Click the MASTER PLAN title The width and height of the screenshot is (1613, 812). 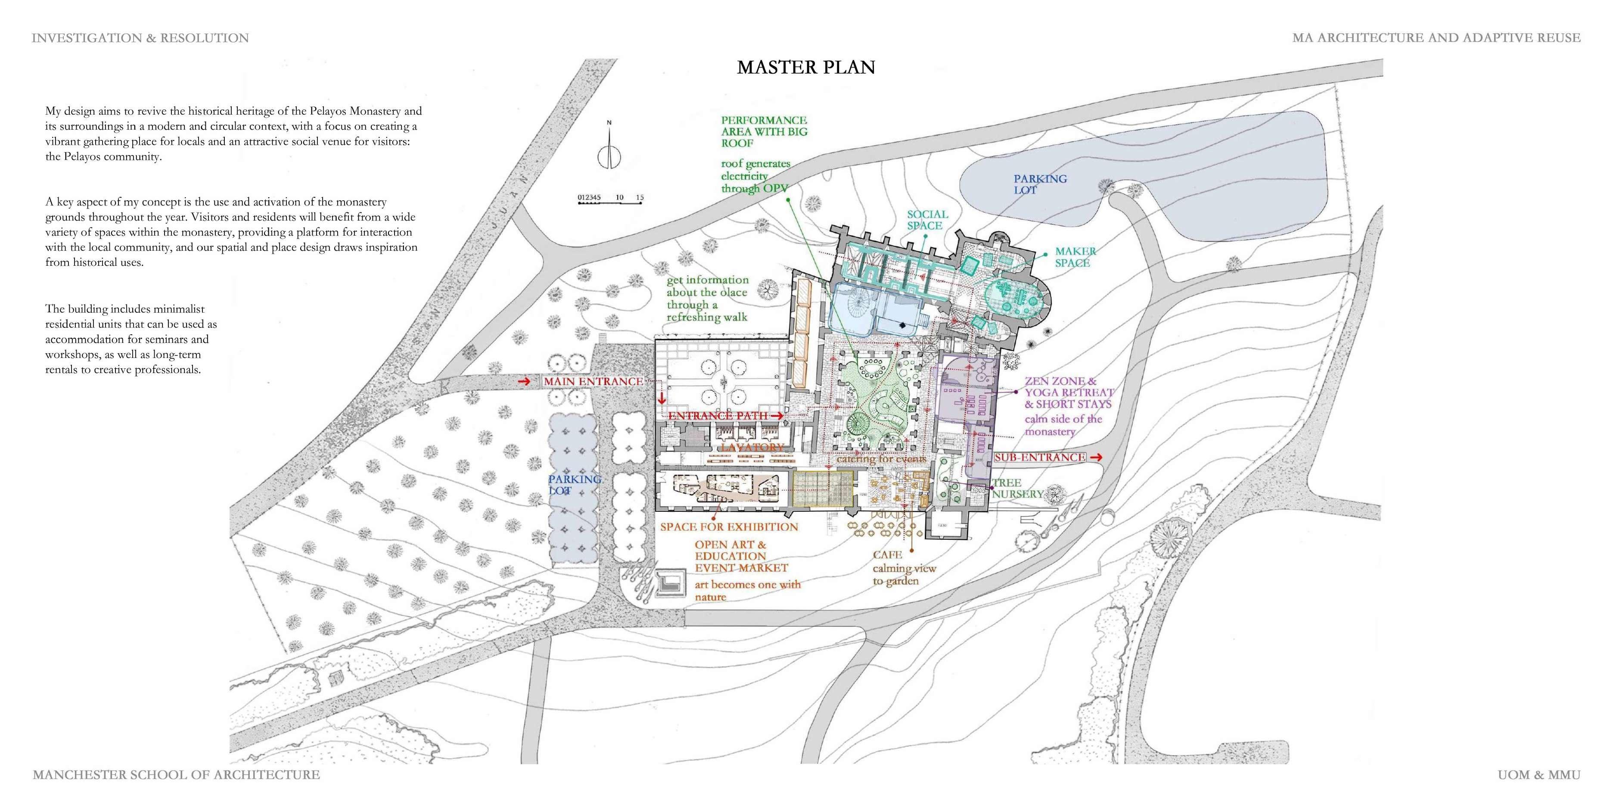coord(805,68)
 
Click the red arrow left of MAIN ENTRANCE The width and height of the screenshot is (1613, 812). coord(525,381)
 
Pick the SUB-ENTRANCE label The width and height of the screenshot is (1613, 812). coord(1039,457)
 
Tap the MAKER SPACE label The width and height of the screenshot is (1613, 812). coord(1075,257)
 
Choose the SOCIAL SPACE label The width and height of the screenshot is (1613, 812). coord(927,220)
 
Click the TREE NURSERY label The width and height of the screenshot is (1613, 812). coord(1017,488)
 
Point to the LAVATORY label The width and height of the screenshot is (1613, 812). coord(752,448)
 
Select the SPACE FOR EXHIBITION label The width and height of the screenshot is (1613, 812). coord(729,527)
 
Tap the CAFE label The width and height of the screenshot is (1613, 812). coord(887,555)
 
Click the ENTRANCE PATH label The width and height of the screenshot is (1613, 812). coord(718,416)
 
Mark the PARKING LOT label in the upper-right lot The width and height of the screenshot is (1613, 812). coord(1040,184)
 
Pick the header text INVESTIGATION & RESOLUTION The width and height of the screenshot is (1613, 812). coord(140,38)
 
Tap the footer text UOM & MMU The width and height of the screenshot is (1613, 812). coord(1538,775)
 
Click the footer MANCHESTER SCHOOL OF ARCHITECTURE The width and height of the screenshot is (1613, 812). coord(176,775)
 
